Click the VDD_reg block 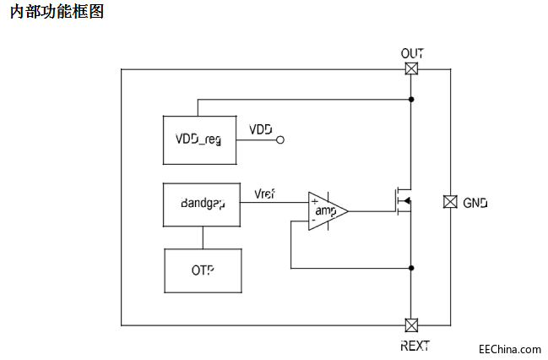point(199,139)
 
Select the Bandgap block point(201,204)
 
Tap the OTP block point(201,270)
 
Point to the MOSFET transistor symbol point(401,201)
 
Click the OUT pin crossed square point(411,69)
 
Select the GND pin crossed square point(450,202)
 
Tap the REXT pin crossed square point(411,325)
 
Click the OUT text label point(412,53)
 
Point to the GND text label point(475,203)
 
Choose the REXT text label point(414,345)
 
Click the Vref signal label point(264,194)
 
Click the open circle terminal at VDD point(280,139)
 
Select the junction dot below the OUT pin point(411,100)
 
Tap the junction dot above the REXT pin point(411,269)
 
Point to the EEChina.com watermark point(509,348)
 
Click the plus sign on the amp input point(315,202)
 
